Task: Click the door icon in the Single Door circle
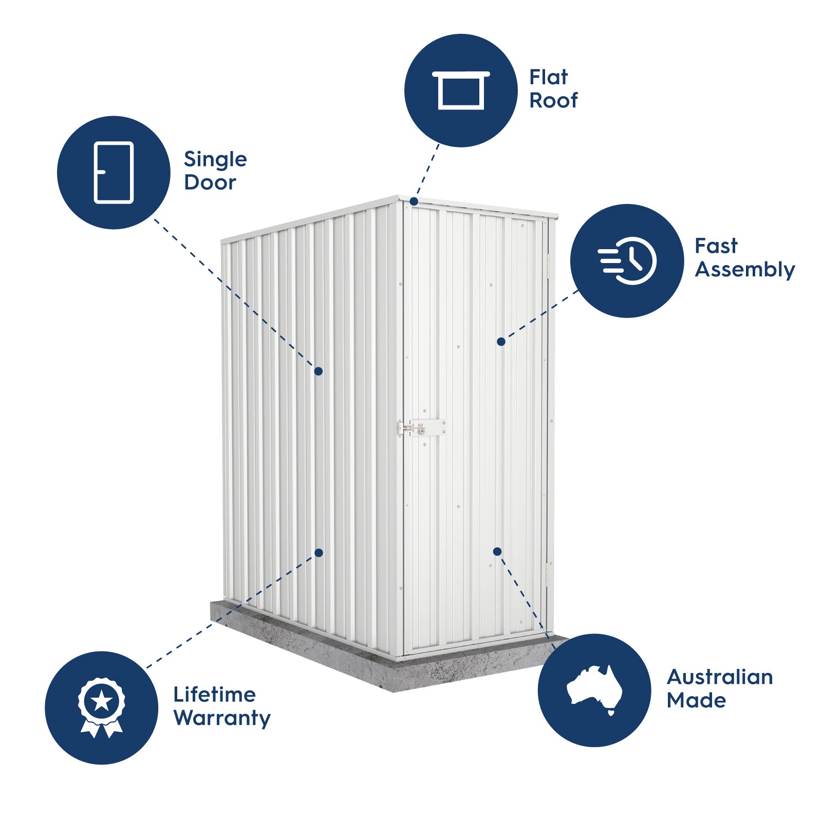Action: point(114,173)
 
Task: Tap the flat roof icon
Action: point(461,90)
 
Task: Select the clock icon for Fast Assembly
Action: point(627,260)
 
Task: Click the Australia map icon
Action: point(594,688)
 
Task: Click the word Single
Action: point(215,160)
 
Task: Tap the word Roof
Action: point(553,101)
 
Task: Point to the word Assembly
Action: point(744,270)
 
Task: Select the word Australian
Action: point(719,677)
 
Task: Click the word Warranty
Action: point(222,718)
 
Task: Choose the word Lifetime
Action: point(214,695)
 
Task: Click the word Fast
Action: point(716,246)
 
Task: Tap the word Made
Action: point(696,700)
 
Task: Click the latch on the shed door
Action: point(421,427)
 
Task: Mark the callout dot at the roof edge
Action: point(414,202)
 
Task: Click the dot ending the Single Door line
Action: point(319,371)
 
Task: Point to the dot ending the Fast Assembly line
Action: point(501,342)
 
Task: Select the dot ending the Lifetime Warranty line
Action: point(319,553)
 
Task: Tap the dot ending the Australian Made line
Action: point(497,551)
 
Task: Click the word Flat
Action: point(549,78)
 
